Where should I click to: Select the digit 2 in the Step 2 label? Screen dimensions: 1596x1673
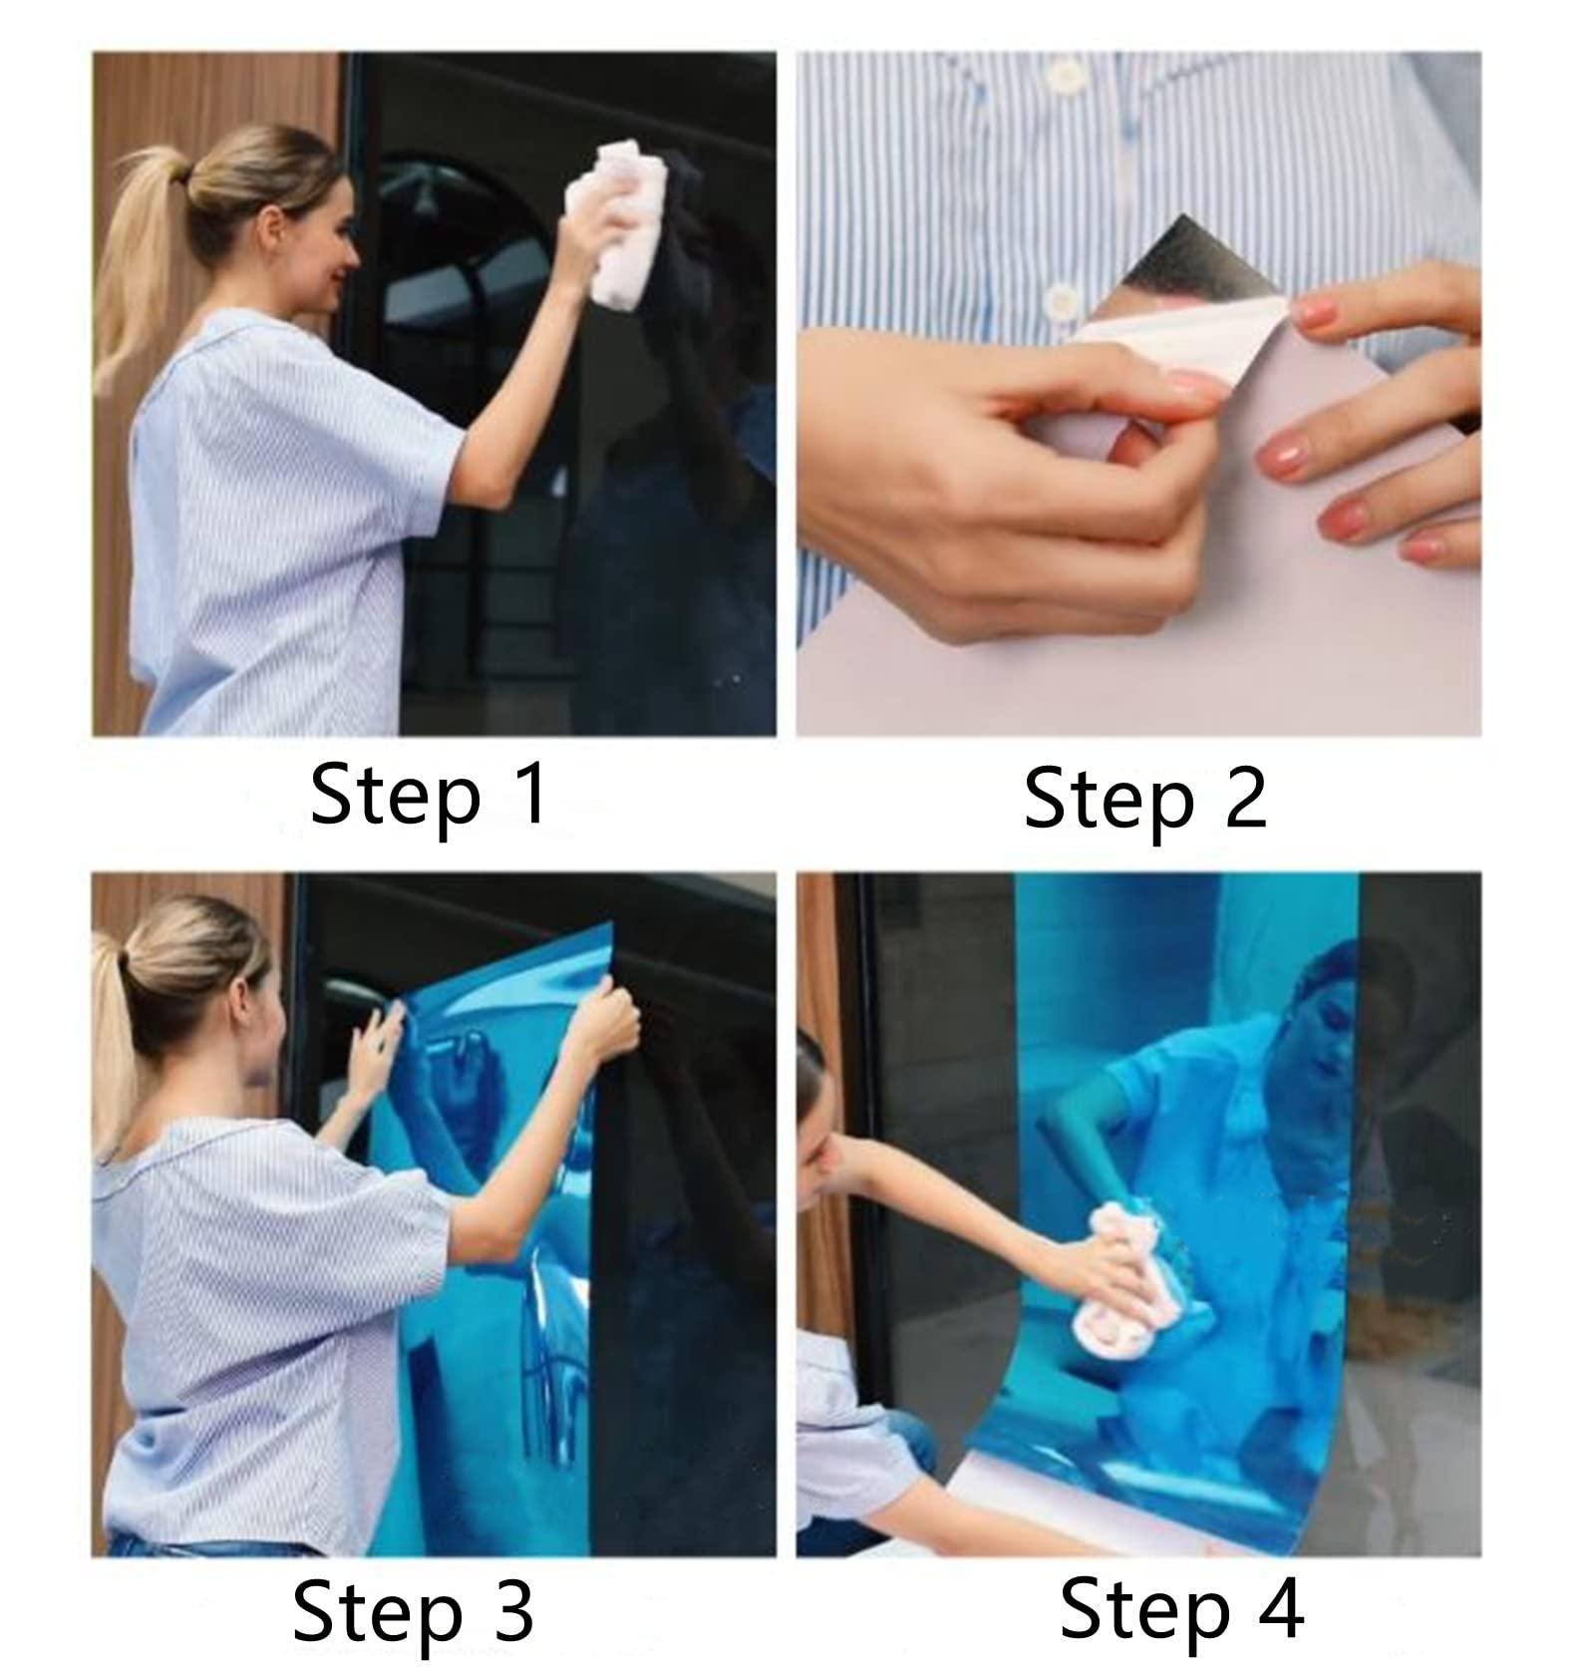pos(1243,797)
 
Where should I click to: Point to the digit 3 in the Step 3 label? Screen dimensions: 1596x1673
pos(512,1612)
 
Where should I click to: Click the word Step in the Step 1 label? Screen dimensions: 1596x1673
pos(396,799)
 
